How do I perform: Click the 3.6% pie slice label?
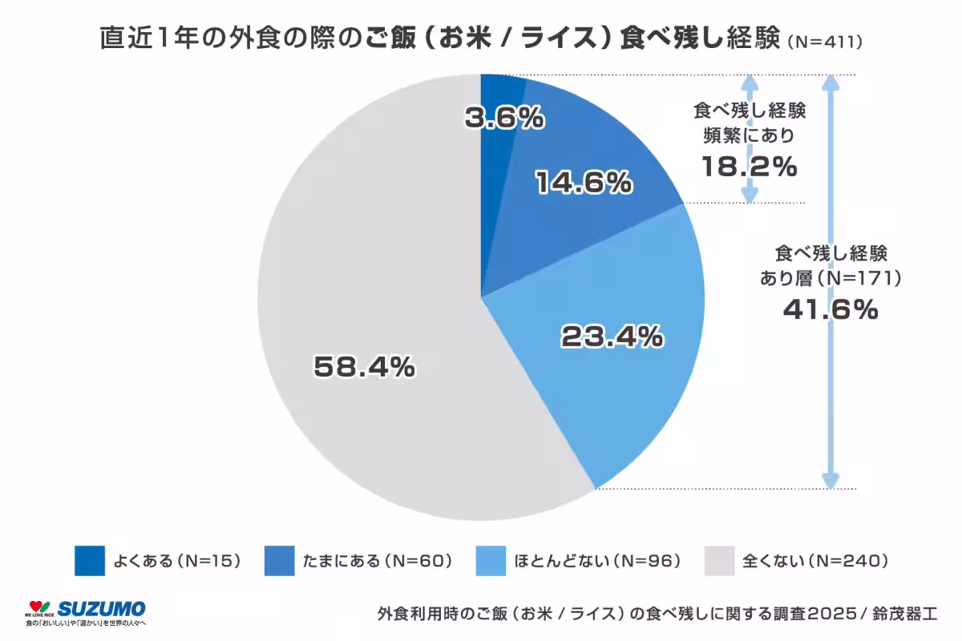[504, 119]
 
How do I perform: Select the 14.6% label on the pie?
[583, 183]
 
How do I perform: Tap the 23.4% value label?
[612, 337]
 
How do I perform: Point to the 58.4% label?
[364, 367]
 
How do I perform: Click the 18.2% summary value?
[750, 166]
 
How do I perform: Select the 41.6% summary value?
[831, 308]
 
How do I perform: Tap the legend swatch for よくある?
[90, 560]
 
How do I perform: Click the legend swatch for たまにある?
[279, 560]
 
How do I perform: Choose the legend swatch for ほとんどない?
[491, 560]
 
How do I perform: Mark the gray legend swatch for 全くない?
[719, 560]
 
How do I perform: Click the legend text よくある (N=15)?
[177, 560]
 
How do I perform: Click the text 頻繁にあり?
[750, 135]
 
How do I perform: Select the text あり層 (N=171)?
[831, 278]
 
